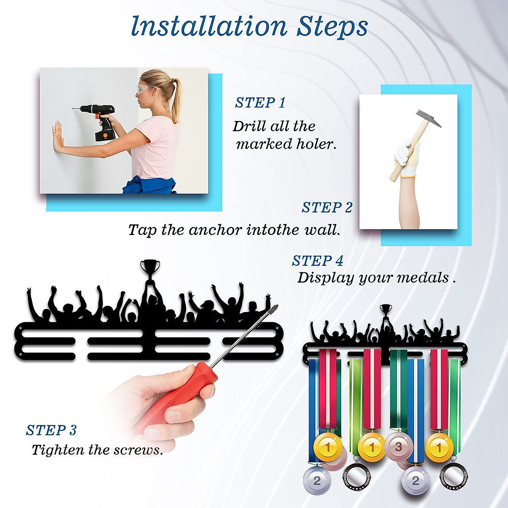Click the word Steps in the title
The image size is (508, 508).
coord(332,27)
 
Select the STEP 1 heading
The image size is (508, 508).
coord(260,103)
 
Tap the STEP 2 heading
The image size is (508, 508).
coord(327,207)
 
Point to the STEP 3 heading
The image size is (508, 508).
coord(51,431)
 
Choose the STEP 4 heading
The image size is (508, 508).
coord(317,261)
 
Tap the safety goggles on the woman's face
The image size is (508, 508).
coord(146,89)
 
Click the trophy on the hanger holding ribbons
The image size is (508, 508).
coord(386,309)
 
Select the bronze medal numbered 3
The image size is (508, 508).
coord(398,446)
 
